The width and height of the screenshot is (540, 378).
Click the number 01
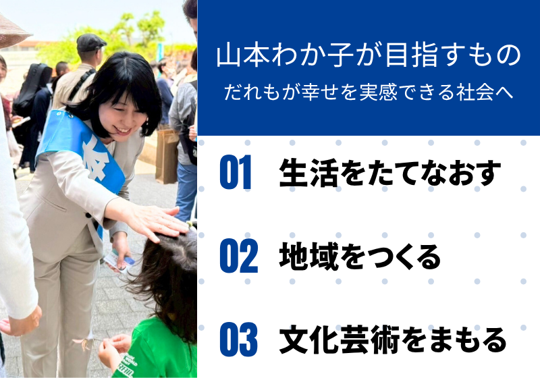(x=236, y=172)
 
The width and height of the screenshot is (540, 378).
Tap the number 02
(x=239, y=256)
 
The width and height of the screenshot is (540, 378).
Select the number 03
(x=239, y=340)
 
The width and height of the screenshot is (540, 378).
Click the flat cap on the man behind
(x=90, y=42)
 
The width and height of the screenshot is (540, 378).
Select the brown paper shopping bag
(x=167, y=156)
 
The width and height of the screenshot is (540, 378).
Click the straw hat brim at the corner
(x=13, y=32)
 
